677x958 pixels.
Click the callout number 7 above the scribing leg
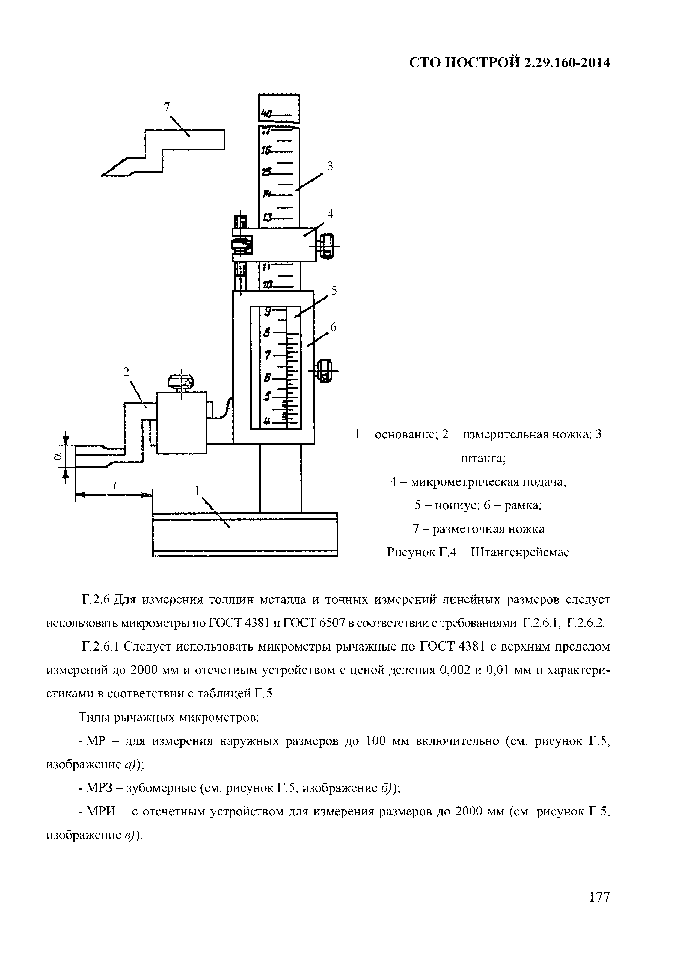point(167,108)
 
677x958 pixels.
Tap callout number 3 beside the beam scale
point(330,167)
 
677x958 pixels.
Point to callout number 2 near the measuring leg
point(126,372)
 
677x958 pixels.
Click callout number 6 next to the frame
point(333,328)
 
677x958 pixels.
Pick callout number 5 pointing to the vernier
point(334,291)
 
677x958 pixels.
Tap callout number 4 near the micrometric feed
point(330,214)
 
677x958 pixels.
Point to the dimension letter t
point(114,486)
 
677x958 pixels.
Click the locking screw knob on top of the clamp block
point(181,381)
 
